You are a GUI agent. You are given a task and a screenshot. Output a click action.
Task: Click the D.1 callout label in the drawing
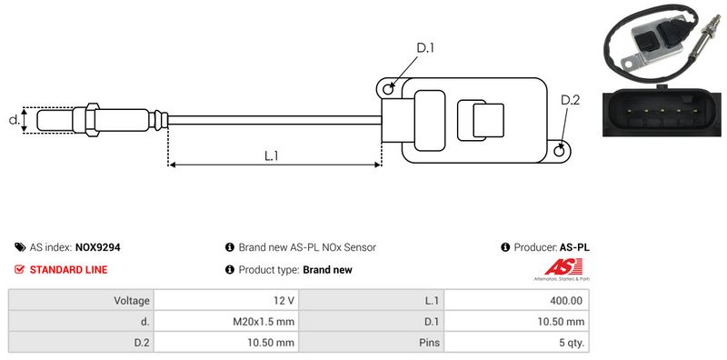[x=425, y=48]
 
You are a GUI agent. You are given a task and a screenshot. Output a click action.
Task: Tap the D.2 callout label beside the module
[x=571, y=100]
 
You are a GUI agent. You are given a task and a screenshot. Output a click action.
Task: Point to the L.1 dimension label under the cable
[x=271, y=155]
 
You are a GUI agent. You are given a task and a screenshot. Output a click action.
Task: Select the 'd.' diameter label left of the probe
[x=15, y=119]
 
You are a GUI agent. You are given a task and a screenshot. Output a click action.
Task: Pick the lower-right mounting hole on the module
[x=560, y=150]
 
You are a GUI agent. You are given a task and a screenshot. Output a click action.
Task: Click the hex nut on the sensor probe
[x=92, y=120]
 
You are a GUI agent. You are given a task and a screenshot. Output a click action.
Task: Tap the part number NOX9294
[x=98, y=247]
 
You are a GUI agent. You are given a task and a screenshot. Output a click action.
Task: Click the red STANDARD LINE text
[x=69, y=269]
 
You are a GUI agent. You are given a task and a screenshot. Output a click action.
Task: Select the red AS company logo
[x=563, y=269]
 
